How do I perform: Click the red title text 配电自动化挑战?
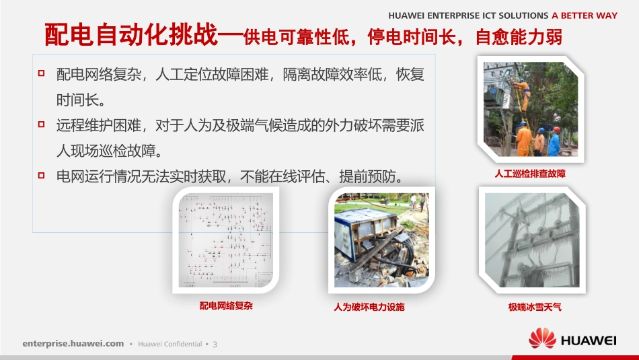point(131,35)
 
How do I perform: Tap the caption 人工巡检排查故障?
point(530,174)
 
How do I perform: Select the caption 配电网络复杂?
point(226,306)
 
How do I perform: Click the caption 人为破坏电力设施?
point(369,307)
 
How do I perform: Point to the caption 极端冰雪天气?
point(535,307)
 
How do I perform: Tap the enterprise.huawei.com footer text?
point(73,343)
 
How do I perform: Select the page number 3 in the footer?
point(215,344)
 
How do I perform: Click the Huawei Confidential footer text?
point(170,344)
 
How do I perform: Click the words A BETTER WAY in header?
point(584,15)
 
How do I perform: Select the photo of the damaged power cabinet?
point(381,240)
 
